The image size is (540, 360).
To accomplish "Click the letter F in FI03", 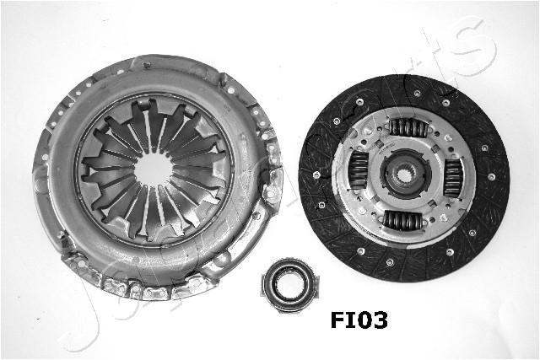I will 337,320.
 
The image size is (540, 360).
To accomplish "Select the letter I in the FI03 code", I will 349,320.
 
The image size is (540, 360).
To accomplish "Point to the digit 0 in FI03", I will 363,320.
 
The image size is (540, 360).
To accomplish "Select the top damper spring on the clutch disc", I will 407,127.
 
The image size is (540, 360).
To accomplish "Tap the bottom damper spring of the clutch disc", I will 403,221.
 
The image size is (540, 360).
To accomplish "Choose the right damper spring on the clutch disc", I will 452,178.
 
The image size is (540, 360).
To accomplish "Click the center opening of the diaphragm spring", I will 152,169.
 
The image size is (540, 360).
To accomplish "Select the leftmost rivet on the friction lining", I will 316,175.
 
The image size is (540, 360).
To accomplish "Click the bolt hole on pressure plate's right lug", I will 272,192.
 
